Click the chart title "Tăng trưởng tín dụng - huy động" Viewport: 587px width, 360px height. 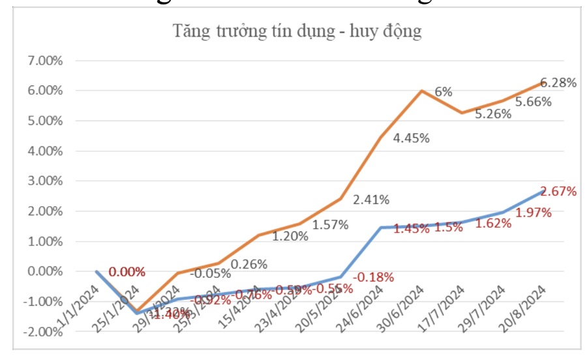[x=297, y=31]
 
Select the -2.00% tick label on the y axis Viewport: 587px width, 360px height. [x=42, y=332]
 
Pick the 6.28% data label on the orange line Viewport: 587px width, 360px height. [x=558, y=83]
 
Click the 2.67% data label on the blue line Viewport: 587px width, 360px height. [x=558, y=192]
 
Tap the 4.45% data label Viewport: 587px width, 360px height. [x=411, y=138]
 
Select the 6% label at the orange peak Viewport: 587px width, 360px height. [x=444, y=93]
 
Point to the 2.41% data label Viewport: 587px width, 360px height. [x=371, y=199]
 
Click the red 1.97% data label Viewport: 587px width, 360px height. [x=534, y=213]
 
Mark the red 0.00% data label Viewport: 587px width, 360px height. [x=127, y=272]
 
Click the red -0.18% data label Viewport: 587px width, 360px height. [x=373, y=277]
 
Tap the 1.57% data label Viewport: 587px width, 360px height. [x=330, y=225]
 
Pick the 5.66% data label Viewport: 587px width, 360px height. [x=534, y=102]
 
